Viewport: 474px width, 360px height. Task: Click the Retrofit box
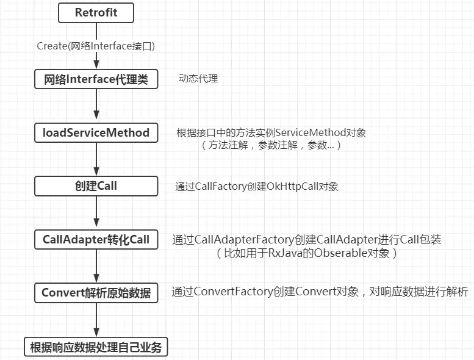coord(96,12)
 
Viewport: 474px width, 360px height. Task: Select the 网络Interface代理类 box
coord(96,79)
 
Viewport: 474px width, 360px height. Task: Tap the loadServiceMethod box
coord(96,132)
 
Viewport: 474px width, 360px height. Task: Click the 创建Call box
coord(96,185)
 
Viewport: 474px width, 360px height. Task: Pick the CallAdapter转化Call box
coord(96,239)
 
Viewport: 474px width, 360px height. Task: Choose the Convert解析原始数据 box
coord(96,292)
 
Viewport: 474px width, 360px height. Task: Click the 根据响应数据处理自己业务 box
coord(96,347)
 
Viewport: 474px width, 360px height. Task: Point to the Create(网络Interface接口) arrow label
coord(96,46)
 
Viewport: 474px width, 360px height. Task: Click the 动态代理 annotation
coord(198,79)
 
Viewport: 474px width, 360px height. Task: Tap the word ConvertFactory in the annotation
coord(232,292)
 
